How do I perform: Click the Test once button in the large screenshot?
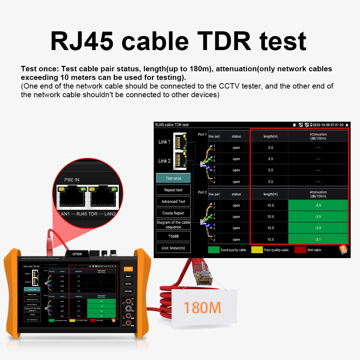173,178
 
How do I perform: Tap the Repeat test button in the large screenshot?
173,190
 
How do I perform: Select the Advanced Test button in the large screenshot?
173,202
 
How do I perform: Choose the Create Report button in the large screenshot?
173,213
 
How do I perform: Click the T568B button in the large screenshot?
173,236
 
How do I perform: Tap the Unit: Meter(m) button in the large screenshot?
173,248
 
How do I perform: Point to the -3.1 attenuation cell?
318,239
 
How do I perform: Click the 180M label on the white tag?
202,307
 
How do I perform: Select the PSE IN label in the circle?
72,180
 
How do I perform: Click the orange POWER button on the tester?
128,269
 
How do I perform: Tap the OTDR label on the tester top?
77,254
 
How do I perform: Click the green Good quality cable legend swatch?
213,249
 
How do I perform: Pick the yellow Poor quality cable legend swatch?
257,249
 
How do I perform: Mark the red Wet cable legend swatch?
300,249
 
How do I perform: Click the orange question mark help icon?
343,249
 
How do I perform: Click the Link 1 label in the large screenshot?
164,142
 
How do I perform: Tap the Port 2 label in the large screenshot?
202,192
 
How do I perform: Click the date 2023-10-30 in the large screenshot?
323,125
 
